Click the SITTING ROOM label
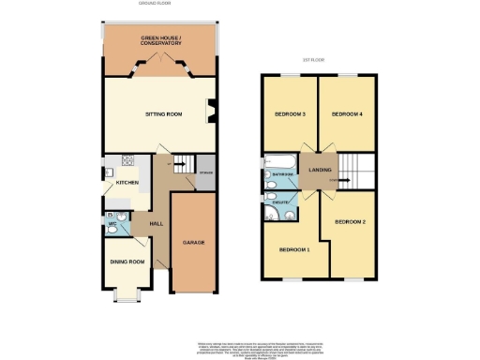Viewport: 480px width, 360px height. [x=162, y=116]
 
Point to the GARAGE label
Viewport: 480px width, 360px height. [x=194, y=242]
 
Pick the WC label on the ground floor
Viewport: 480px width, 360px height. [x=111, y=224]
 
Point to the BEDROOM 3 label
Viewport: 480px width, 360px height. [x=290, y=114]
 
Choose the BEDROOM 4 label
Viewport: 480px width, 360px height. [x=347, y=114]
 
